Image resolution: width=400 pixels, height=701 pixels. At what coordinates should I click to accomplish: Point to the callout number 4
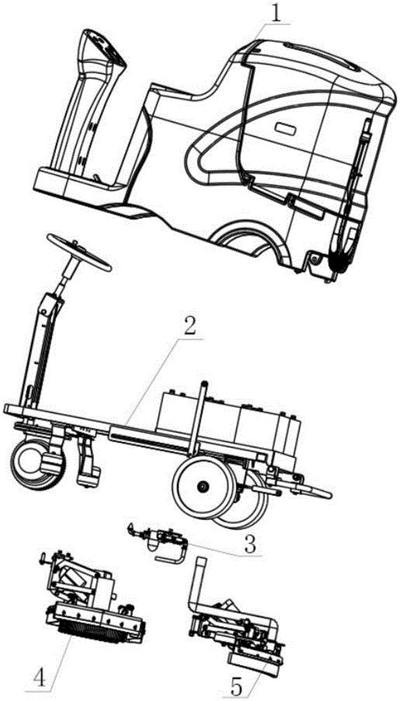[x=40, y=679]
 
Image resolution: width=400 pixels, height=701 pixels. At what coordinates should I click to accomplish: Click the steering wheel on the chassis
[x=79, y=252]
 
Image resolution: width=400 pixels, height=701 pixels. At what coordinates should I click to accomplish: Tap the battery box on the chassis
[x=228, y=418]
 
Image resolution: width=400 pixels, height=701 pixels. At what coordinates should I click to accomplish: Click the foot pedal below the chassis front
[x=88, y=463]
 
